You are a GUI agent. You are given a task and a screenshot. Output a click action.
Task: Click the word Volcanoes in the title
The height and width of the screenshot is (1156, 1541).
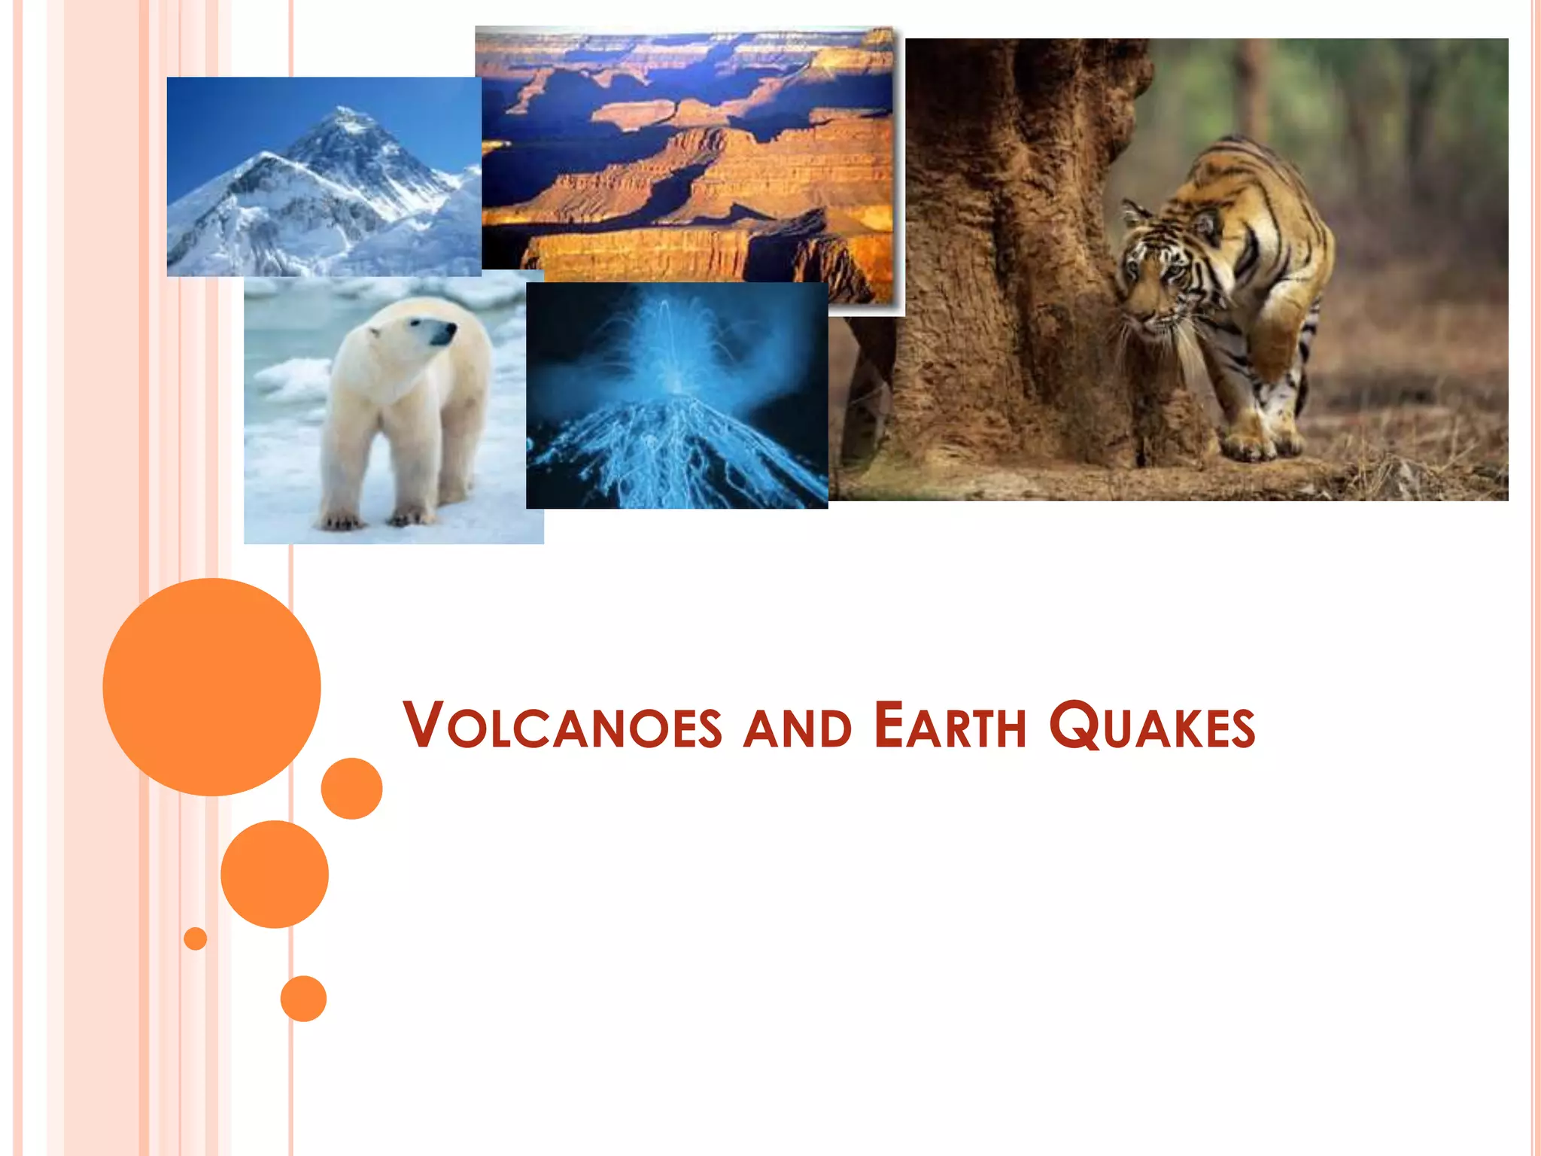[563, 726]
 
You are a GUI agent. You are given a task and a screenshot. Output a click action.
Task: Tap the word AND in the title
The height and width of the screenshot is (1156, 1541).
[798, 729]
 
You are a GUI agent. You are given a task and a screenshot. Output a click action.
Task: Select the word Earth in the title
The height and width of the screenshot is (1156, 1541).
[950, 726]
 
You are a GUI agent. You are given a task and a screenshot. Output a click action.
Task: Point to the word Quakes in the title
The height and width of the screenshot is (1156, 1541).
[1152, 727]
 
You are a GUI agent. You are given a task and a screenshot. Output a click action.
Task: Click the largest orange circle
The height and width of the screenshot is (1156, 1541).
[211, 686]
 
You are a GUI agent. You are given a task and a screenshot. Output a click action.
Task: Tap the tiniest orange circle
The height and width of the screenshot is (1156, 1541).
[196, 938]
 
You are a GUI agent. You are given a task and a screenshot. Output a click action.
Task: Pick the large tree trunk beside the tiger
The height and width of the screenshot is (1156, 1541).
[1008, 263]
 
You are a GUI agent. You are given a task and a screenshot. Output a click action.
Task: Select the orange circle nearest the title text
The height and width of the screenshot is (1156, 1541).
[351, 788]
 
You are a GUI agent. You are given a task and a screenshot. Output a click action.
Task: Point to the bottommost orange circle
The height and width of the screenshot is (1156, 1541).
[303, 998]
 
